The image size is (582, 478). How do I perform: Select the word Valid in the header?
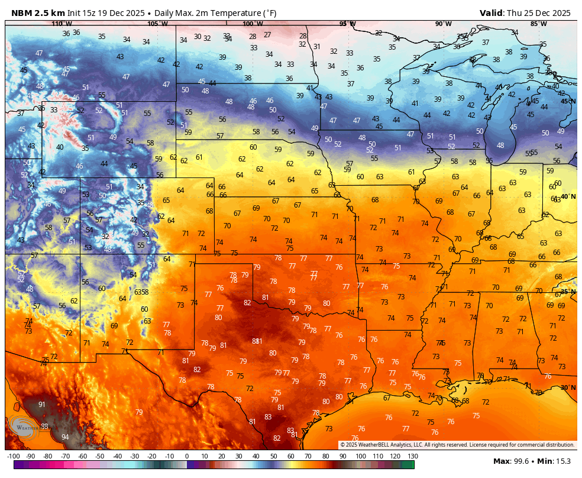pos(491,13)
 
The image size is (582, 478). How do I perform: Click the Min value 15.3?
pos(565,461)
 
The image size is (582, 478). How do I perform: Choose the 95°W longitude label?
pos(347,24)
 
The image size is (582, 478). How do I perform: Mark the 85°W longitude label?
pos(538,24)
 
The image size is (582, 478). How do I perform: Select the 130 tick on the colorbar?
pos(412,457)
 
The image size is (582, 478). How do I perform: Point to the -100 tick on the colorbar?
pos(13,457)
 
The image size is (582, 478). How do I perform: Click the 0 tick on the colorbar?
pos(187,457)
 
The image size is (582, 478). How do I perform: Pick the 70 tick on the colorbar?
pos(308,457)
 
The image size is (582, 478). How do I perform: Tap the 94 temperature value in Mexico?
pos(65,437)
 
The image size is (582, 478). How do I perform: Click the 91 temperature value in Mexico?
pos(42,405)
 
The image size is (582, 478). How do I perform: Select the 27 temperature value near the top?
pos(267,35)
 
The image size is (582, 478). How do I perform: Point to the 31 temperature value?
pos(317,47)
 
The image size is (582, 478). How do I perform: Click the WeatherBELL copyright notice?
pos(457,445)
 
